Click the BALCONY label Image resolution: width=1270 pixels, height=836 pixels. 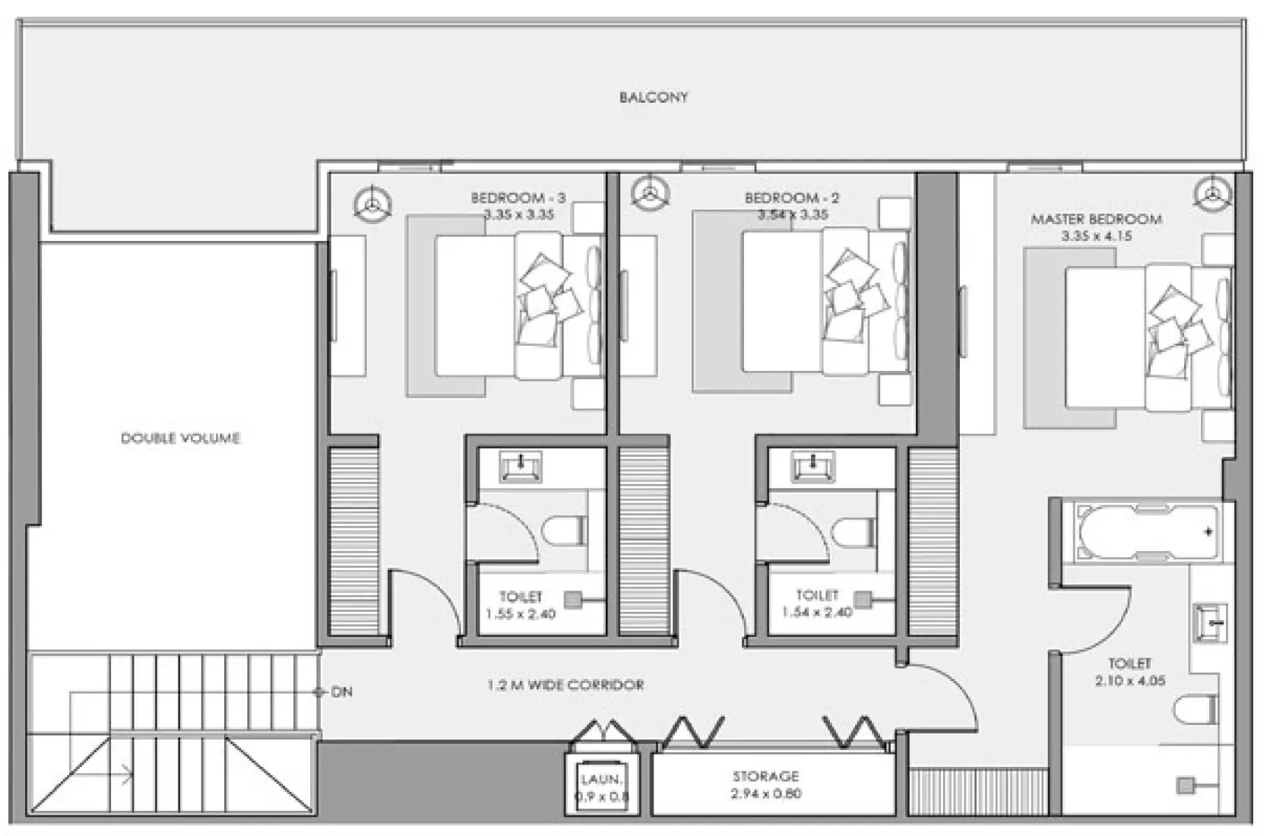point(653,97)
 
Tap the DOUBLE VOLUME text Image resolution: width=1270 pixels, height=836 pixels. point(180,439)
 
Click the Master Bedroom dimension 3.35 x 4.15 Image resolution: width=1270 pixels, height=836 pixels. point(1096,236)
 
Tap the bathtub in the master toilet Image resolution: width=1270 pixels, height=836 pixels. point(1146,531)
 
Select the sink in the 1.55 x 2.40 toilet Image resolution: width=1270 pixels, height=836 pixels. point(521,467)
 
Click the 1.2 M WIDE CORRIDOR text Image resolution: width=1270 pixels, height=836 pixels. point(565,686)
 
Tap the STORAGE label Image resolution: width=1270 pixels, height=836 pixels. point(765,777)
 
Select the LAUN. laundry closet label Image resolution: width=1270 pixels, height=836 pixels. point(601,780)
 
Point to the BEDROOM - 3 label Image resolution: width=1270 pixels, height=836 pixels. point(518,198)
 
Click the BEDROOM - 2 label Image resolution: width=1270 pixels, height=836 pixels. point(792,198)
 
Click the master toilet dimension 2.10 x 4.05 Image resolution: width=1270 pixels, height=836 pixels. point(1129,682)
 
